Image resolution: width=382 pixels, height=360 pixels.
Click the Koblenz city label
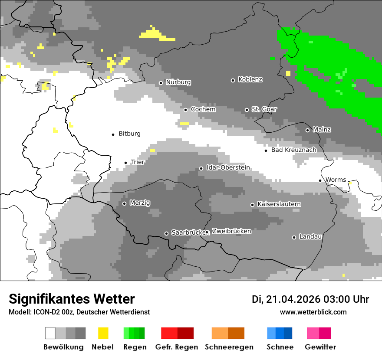250,80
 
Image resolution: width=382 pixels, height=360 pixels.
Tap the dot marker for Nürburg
161,83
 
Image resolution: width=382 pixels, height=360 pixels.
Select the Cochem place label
203,109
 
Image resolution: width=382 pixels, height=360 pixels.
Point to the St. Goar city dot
247,110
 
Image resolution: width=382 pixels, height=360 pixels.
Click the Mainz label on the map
322,130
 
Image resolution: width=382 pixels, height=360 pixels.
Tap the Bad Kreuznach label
293,150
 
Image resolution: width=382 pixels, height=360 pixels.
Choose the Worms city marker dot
320,180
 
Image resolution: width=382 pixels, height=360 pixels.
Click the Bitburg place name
129,134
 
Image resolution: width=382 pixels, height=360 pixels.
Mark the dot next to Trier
125,163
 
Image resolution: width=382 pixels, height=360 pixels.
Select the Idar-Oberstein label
228,167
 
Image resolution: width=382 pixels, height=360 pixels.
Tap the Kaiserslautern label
279,204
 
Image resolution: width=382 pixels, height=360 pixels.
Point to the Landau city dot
294,237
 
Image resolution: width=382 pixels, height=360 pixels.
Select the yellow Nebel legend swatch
103,333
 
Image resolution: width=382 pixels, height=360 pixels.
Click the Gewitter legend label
320,347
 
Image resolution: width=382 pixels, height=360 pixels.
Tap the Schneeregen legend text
228,347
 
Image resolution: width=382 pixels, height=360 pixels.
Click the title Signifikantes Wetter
72,299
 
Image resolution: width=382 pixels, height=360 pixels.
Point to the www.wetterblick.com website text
313,312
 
